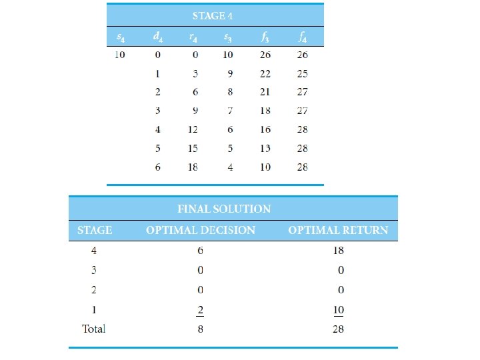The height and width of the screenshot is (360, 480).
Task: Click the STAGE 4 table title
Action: click(x=213, y=15)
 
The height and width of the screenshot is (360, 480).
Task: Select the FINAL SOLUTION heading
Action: click(x=224, y=209)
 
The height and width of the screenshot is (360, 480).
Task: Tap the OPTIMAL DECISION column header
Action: click(x=201, y=230)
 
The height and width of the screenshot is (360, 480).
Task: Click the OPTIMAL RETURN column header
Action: click(x=338, y=230)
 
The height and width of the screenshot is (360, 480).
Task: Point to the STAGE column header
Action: click(x=95, y=230)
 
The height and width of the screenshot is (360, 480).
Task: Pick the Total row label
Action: click(x=94, y=329)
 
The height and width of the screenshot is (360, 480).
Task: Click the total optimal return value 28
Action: click(x=338, y=329)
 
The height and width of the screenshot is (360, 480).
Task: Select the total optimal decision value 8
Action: click(x=200, y=329)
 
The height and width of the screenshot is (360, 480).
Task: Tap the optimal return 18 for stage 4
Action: click(x=338, y=251)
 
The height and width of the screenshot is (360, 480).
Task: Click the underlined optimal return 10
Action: click(x=338, y=309)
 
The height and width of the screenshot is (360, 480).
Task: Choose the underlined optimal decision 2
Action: click(x=200, y=309)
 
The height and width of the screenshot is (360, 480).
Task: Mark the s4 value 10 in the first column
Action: click(x=119, y=55)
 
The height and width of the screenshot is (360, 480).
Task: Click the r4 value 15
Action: click(x=193, y=148)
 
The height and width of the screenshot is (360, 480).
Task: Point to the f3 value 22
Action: click(x=265, y=73)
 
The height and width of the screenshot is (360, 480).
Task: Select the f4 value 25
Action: click(x=303, y=73)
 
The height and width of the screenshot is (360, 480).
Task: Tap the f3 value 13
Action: click(x=265, y=148)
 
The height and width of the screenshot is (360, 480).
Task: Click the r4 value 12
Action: click(x=193, y=129)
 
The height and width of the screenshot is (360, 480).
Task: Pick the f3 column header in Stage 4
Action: click(x=265, y=36)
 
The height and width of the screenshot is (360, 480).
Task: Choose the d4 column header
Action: click(x=157, y=36)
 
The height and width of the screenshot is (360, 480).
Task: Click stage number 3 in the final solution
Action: click(x=94, y=271)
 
